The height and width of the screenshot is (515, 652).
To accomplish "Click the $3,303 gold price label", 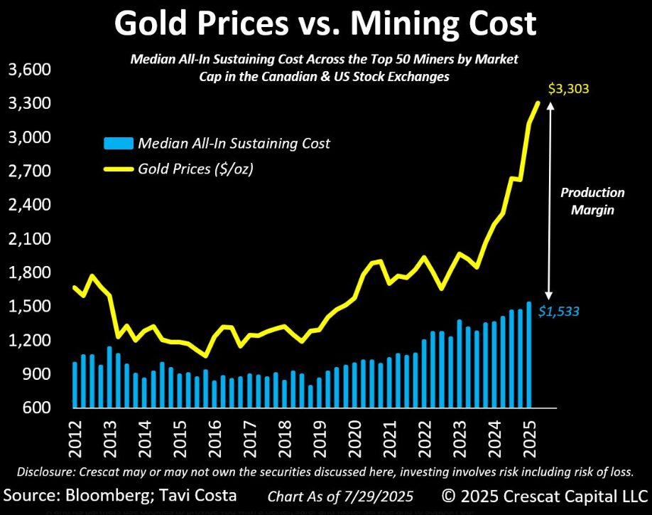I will click(x=570, y=90).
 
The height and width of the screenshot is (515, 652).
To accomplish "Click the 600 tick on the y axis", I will click(x=33, y=408).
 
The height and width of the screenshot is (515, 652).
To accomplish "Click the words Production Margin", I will click(x=592, y=201).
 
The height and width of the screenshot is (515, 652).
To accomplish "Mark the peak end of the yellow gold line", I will click(x=538, y=103).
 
